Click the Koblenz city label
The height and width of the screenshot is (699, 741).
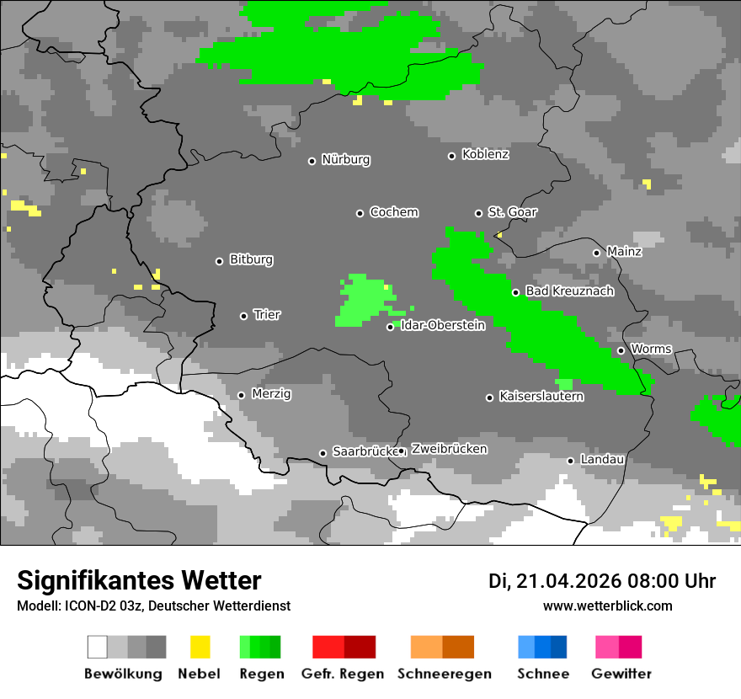(485, 154)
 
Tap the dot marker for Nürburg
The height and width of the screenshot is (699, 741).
(312, 160)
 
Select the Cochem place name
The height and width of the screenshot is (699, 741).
(394, 212)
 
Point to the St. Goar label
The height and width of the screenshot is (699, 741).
(512, 212)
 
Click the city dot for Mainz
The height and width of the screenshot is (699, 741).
(596, 253)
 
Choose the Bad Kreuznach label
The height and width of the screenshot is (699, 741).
(569, 291)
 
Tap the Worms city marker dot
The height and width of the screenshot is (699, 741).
(621, 350)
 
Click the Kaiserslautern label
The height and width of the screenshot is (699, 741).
(541, 396)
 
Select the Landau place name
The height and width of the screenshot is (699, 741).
(602, 460)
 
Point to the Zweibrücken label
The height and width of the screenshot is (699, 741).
(449, 449)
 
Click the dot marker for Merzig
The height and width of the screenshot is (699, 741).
(241, 395)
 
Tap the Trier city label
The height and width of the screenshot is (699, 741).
(267, 315)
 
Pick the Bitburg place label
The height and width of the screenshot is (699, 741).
(251, 260)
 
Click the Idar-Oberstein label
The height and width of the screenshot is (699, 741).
(443, 325)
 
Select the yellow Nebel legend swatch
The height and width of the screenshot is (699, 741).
(200, 647)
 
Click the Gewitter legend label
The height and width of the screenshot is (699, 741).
(621, 674)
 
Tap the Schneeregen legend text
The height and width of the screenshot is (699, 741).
(443, 674)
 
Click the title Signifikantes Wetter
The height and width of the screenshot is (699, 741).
(139, 580)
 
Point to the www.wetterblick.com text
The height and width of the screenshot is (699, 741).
(607, 606)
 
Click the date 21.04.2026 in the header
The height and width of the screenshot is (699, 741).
(567, 581)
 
